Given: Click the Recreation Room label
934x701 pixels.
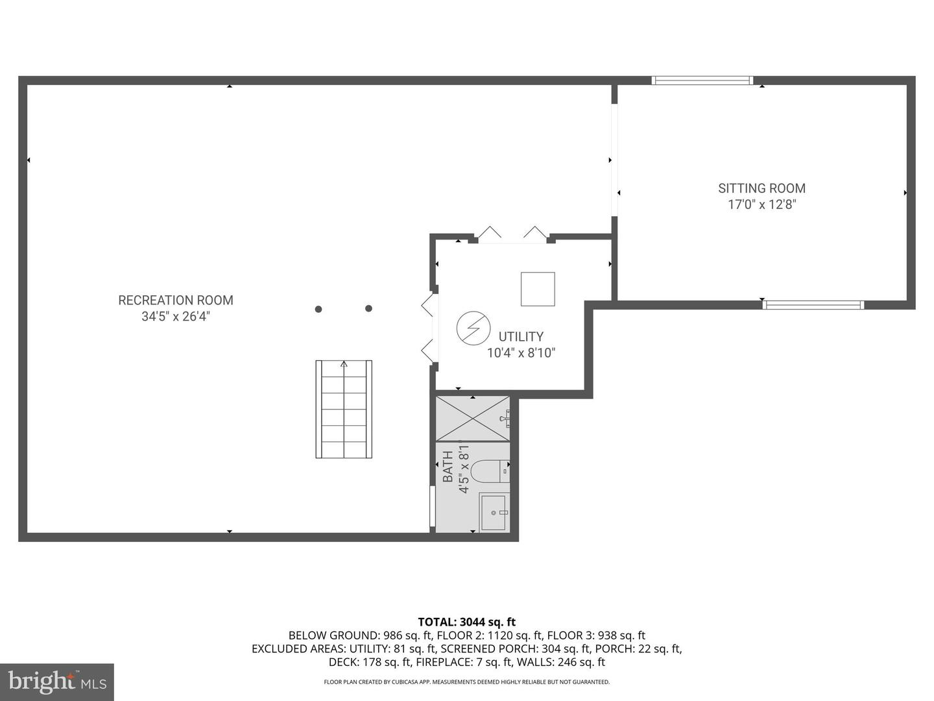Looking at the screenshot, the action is (x=176, y=300).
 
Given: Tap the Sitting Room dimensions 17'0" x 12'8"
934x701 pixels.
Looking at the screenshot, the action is (x=761, y=204).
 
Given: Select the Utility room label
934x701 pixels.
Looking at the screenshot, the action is (x=521, y=337).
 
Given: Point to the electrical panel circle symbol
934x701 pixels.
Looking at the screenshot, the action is (x=473, y=328).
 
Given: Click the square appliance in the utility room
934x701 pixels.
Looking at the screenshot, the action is (x=538, y=289).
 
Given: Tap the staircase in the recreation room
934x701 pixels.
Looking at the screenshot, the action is (x=344, y=409).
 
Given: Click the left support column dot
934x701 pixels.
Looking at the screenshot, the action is (x=318, y=309).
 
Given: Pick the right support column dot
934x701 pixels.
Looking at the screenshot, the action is (x=368, y=308).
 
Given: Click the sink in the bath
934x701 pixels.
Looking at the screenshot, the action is (x=494, y=513).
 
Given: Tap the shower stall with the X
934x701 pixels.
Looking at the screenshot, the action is (x=473, y=419).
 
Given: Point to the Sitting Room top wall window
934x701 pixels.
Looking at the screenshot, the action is (x=702, y=80).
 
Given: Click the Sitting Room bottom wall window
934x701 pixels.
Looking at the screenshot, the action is (x=813, y=305).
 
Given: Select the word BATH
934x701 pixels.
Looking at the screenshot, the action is (x=448, y=467).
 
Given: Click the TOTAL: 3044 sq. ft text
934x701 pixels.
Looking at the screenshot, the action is (x=467, y=622).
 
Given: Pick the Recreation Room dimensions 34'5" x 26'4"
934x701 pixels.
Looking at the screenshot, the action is (x=176, y=316).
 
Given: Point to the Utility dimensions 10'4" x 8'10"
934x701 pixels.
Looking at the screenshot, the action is (x=521, y=353).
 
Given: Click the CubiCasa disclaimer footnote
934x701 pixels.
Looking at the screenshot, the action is (x=467, y=682).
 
